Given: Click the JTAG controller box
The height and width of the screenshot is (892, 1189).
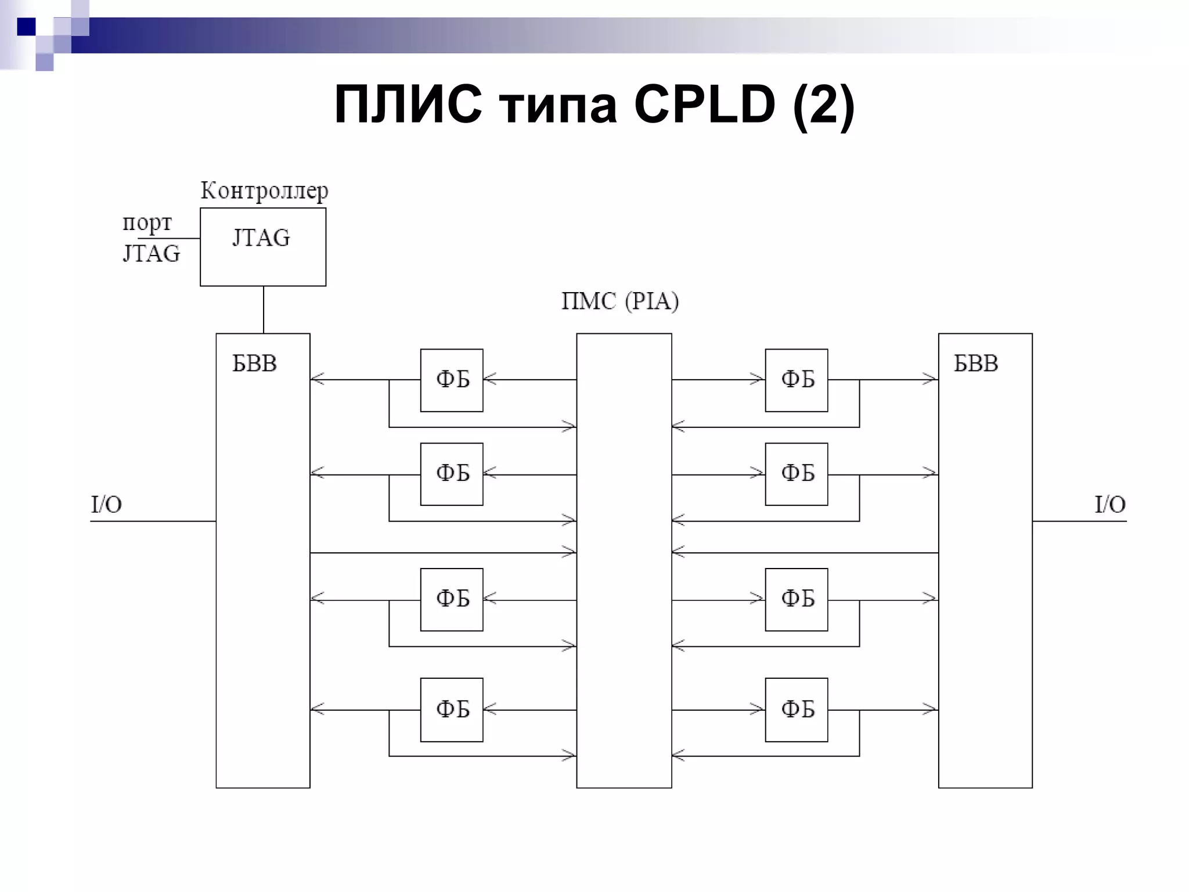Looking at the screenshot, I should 262,247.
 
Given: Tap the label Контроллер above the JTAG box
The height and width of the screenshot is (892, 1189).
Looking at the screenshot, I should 264,190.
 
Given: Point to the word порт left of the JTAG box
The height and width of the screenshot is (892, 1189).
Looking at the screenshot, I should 147,223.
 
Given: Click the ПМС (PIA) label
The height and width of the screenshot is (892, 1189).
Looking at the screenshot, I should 620,301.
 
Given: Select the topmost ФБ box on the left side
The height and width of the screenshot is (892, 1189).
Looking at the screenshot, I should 452,380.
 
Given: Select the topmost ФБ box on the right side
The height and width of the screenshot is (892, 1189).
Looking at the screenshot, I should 796,380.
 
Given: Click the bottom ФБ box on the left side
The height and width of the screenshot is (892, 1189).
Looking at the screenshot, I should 452,710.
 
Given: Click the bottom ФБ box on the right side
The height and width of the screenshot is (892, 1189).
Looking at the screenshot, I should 796,710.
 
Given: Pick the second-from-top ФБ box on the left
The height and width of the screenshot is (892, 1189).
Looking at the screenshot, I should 452,474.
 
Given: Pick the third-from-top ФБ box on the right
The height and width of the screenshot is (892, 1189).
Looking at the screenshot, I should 796,599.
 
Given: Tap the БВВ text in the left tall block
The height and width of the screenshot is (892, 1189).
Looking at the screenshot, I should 254,364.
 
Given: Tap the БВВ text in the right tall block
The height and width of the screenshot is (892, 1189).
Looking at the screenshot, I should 975,364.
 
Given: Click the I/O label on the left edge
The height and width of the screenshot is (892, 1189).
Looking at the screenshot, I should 106,504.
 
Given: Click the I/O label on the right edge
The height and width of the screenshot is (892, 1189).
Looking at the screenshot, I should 1109,504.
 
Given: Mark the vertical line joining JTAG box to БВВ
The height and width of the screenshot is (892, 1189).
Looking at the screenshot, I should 264,310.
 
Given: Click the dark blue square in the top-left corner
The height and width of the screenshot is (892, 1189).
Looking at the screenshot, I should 26,27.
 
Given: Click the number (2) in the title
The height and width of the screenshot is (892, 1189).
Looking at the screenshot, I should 824,106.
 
